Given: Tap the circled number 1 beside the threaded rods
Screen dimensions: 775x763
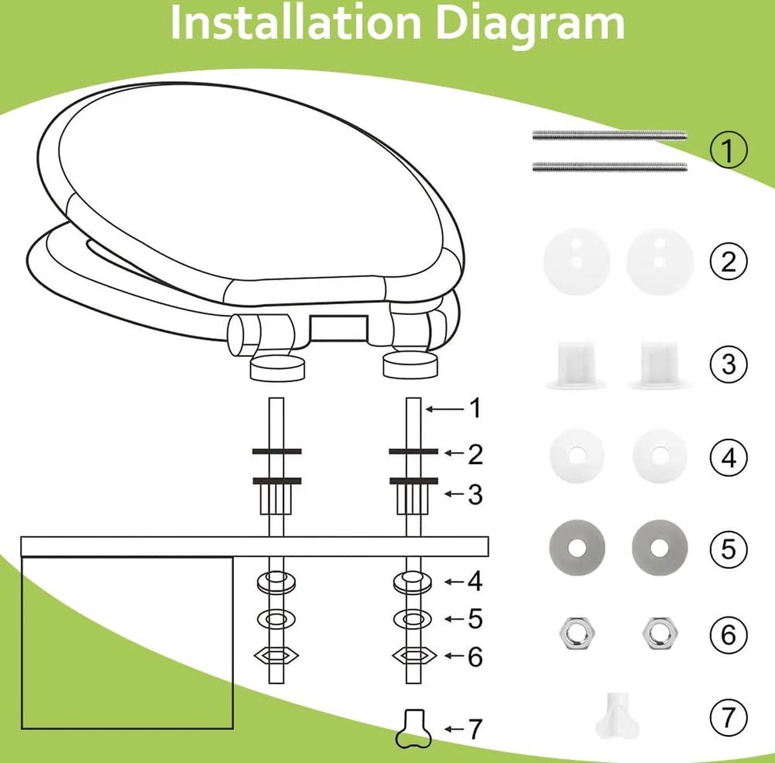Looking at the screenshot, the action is pos(728,150).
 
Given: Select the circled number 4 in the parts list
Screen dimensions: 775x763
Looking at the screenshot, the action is pos(728,458).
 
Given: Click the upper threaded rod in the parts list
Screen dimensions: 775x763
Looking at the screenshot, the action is pos(610,136).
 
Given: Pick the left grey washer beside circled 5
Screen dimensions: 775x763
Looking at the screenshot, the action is pos(577,547).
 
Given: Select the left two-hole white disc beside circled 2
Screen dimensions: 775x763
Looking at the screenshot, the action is pos(577,261).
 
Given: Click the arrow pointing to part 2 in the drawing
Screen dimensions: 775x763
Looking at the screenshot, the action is pos(455,453).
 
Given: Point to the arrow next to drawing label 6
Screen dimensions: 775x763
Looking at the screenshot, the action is pos(455,656).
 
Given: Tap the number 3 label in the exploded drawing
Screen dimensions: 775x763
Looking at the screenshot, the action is pos(475,494).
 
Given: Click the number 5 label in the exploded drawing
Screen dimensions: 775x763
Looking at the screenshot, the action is pos(475,618).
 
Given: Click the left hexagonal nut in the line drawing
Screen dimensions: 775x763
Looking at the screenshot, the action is pos(276,656).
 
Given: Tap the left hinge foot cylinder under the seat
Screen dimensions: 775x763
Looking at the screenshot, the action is pos(277,367).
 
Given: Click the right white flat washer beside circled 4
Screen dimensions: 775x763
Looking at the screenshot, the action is pos(659,454).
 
